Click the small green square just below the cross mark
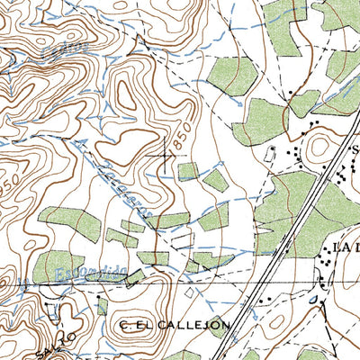pos(187,171)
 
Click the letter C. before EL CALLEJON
pos(124,323)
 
